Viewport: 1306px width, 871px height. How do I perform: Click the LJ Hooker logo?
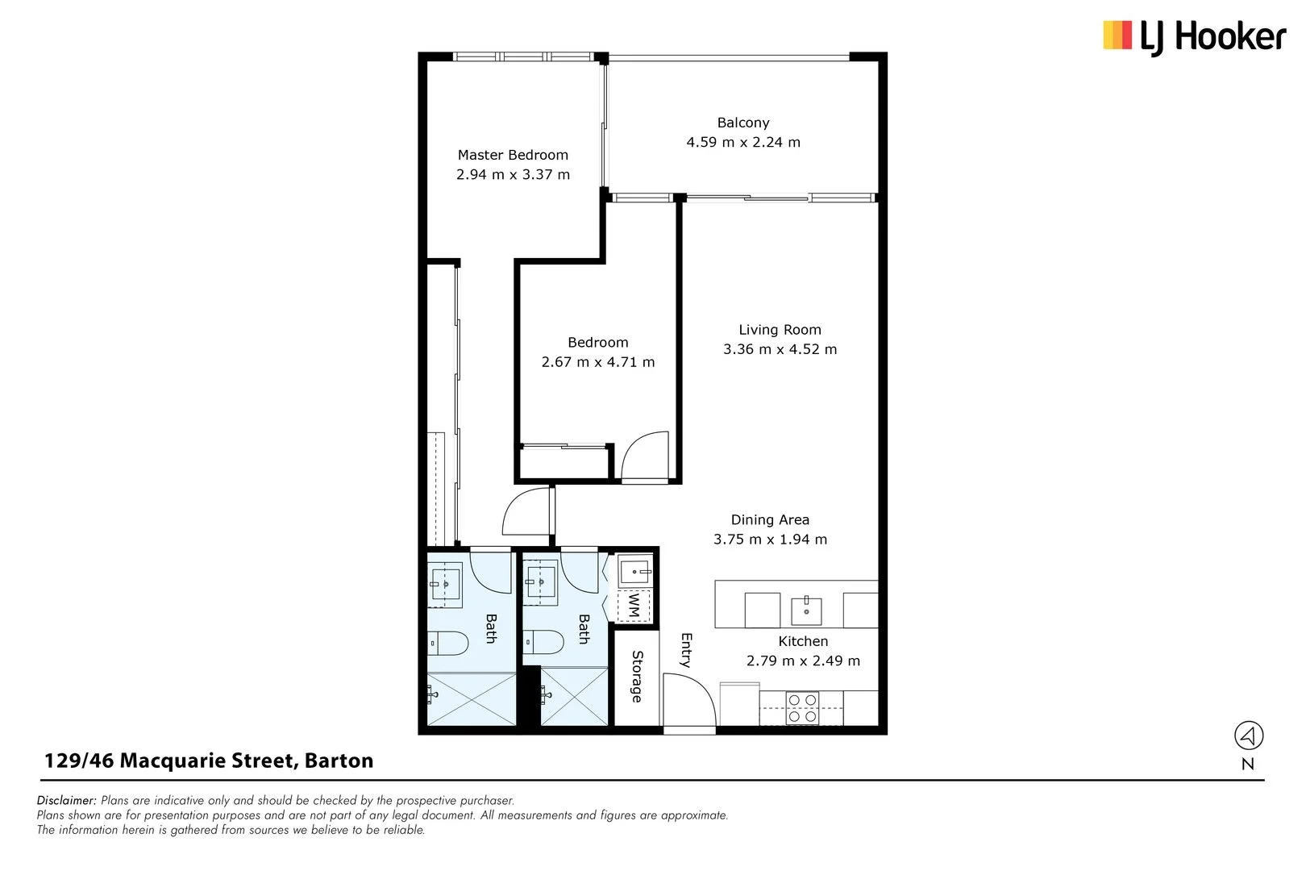point(1193,36)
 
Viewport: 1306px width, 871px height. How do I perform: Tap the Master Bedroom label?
point(513,155)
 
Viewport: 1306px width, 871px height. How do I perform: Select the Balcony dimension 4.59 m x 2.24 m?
point(742,143)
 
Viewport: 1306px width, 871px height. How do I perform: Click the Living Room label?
point(780,330)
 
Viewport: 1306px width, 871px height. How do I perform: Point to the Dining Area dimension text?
point(770,540)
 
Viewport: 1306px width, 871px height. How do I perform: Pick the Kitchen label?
point(803,641)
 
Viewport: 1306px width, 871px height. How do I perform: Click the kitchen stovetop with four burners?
point(802,707)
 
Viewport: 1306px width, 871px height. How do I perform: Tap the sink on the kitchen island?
point(806,610)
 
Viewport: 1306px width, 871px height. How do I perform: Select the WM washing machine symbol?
point(634,605)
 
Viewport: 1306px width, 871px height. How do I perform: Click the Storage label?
point(637,677)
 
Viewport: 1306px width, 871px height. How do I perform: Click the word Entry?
point(686,650)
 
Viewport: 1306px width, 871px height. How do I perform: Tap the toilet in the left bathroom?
point(448,644)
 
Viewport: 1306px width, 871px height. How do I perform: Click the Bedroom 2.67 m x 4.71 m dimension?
point(597,363)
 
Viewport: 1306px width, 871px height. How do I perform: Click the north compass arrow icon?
point(1248,736)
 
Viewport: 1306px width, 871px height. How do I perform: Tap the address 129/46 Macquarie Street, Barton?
point(209,761)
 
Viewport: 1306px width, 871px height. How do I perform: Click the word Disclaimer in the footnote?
point(67,801)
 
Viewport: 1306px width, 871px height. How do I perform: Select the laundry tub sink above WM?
point(635,573)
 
